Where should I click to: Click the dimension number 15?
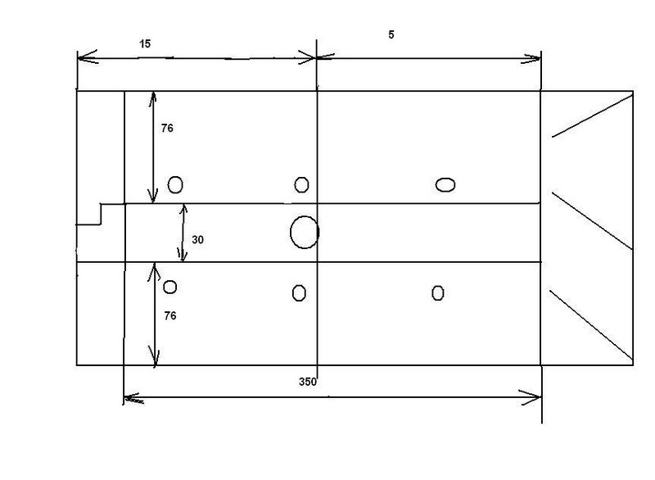click(145, 44)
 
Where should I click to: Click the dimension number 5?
click(391, 34)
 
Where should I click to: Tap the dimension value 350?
click(308, 382)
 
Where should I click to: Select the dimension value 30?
click(197, 240)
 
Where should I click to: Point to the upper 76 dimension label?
click(167, 129)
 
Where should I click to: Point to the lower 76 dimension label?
click(170, 316)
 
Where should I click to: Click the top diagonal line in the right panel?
click(592, 116)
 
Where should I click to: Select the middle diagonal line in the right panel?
click(592, 220)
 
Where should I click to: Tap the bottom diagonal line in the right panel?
click(591, 325)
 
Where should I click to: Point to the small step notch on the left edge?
click(101, 214)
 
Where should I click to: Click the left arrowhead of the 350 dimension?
click(133, 398)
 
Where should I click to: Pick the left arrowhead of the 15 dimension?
click(87, 57)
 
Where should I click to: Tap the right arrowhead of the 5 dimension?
click(531, 59)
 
